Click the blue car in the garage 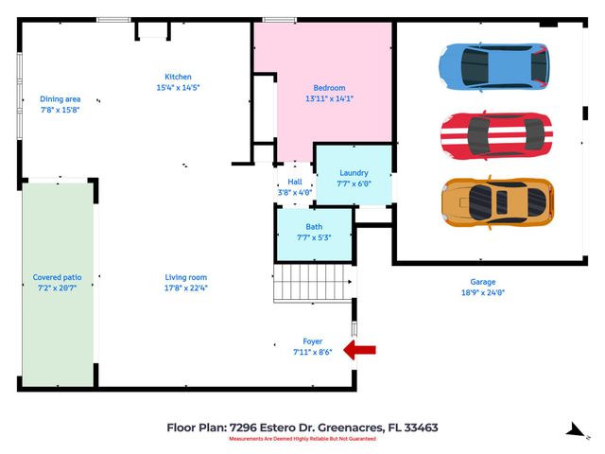493,64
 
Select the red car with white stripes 495,134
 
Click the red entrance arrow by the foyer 360,351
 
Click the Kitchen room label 178,77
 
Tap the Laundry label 354,173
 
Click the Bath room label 314,227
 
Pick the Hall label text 294,182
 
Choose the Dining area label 60,98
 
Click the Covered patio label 58,277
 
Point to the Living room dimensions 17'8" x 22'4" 180,288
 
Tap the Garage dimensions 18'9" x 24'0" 483,292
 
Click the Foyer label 312,341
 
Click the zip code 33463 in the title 419,428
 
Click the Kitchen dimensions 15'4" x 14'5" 178,88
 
